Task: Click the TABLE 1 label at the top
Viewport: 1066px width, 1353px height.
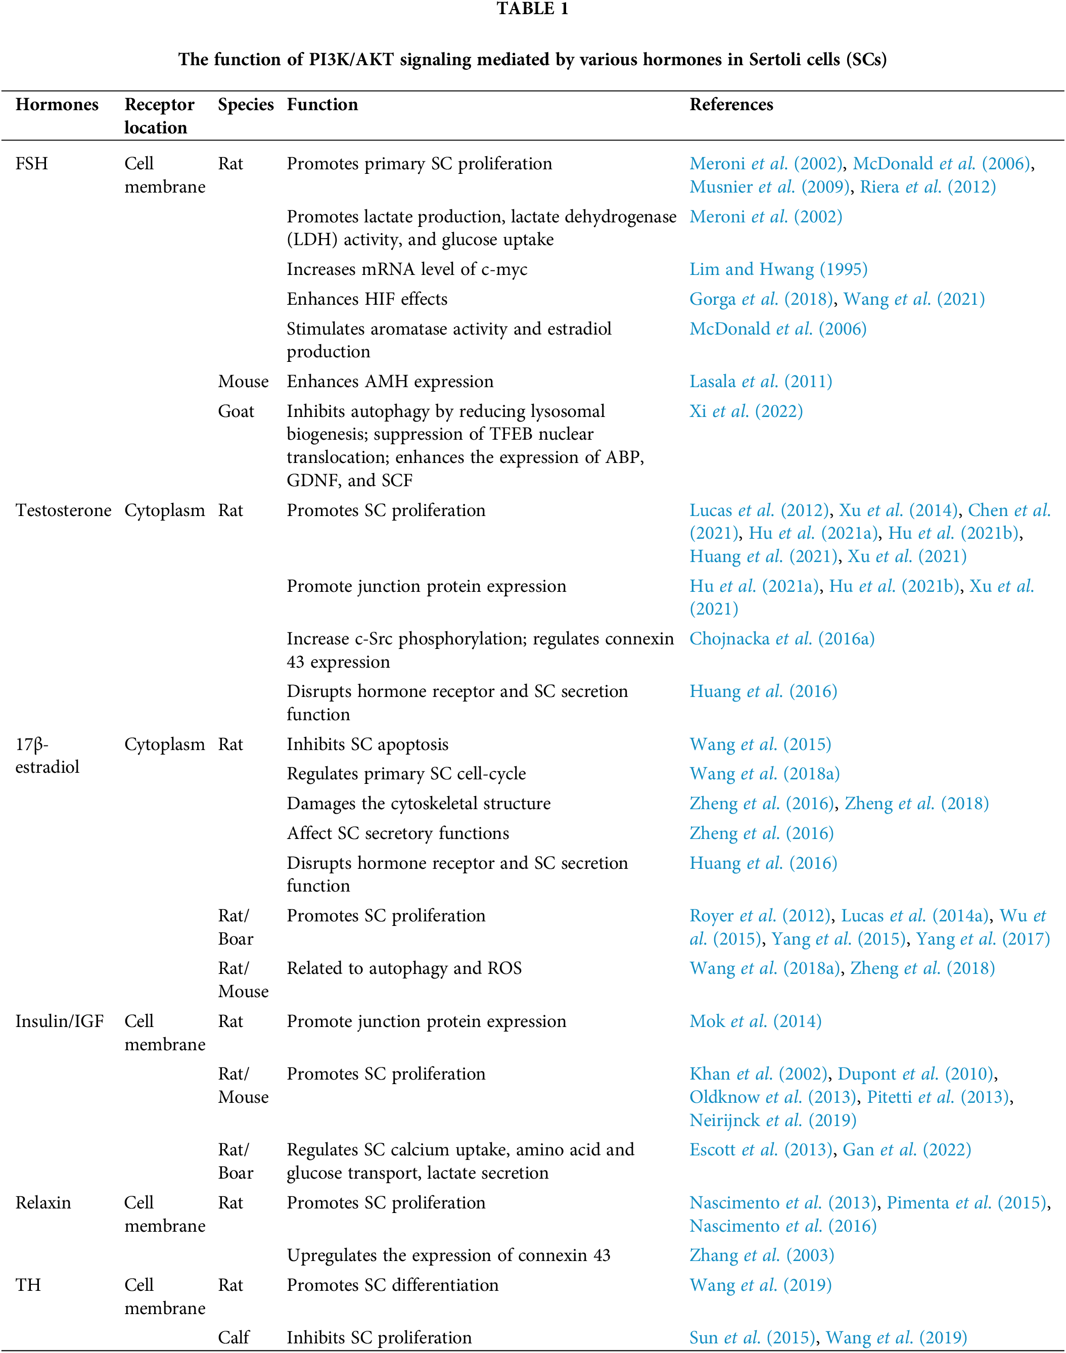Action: pyautogui.click(x=532, y=9)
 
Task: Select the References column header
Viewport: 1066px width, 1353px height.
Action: pyautogui.click(x=731, y=104)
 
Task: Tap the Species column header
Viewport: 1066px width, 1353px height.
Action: pyautogui.click(x=245, y=104)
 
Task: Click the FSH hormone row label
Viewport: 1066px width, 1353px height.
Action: pyautogui.click(x=31, y=164)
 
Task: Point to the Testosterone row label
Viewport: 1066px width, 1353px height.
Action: pyautogui.click(x=63, y=510)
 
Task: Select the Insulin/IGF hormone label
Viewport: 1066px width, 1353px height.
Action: pyautogui.click(x=59, y=1021)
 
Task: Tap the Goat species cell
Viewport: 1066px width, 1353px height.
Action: pyautogui.click(x=236, y=411)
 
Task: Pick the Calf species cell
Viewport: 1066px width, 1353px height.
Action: pyautogui.click(x=234, y=1337)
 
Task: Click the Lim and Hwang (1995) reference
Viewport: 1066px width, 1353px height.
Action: pyautogui.click(x=778, y=269)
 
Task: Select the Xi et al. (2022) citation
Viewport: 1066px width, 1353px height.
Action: pyautogui.click(x=746, y=411)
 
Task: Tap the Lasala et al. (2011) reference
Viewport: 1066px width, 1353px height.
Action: pyautogui.click(x=760, y=381)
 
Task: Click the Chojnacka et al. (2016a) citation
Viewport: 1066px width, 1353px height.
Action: pyautogui.click(x=781, y=638)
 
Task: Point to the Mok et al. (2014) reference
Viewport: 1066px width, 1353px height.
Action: pyautogui.click(x=755, y=1021)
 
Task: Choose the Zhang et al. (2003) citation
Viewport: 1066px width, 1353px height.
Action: pyautogui.click(x=761, y=1255)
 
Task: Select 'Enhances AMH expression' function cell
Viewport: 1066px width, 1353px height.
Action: pyautogui.click(x=390, y=381)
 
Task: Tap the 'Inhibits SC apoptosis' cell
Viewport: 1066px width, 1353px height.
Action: pyautogui.click(x=367, y=744)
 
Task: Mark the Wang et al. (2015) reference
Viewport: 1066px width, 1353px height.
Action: pyautogui.click(x=760, y=744)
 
